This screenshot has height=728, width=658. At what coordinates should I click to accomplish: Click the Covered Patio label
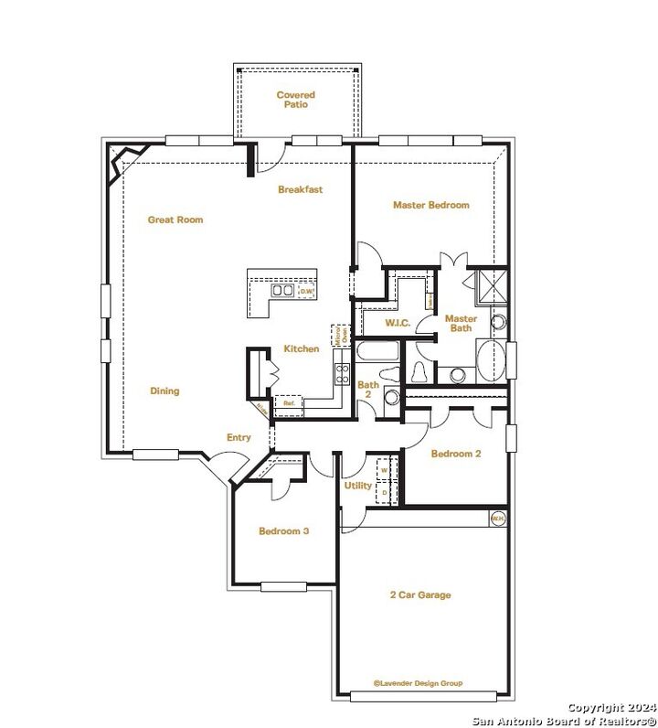click(x=295, y=100)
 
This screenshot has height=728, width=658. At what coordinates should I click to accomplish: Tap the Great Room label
click(x=175, y=219)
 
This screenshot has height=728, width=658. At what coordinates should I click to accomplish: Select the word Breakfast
click(x=301, y=189)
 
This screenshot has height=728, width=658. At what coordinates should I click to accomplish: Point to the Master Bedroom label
click(x=430, y=205)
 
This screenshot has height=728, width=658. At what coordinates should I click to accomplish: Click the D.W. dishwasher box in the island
click(x=307, y=292)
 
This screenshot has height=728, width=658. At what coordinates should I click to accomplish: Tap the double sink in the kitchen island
click(x=282, y=292)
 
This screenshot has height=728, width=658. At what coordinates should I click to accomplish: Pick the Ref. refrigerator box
click(x=288, y=402)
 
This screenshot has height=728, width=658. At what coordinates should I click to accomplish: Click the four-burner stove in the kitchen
click(x=343, y=373)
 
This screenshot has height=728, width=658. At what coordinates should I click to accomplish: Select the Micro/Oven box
click(x=336, y=334)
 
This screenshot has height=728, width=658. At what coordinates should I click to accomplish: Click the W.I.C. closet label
click(x=396, y=322)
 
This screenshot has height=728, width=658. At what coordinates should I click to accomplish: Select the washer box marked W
click(x=384, y=470)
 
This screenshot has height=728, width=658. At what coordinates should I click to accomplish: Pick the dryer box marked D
click(x=384, y=491)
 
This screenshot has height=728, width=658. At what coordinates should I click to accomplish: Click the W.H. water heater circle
click(x=498, y=518)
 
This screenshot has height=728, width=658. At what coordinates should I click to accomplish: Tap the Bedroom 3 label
click(x=283, y=530)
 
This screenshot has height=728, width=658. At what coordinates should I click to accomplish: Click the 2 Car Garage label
click(x=419, y=595)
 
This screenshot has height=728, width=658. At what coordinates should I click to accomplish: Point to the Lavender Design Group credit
click(x=418, y=683)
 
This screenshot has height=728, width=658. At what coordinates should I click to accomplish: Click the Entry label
click(x=239, y=437)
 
